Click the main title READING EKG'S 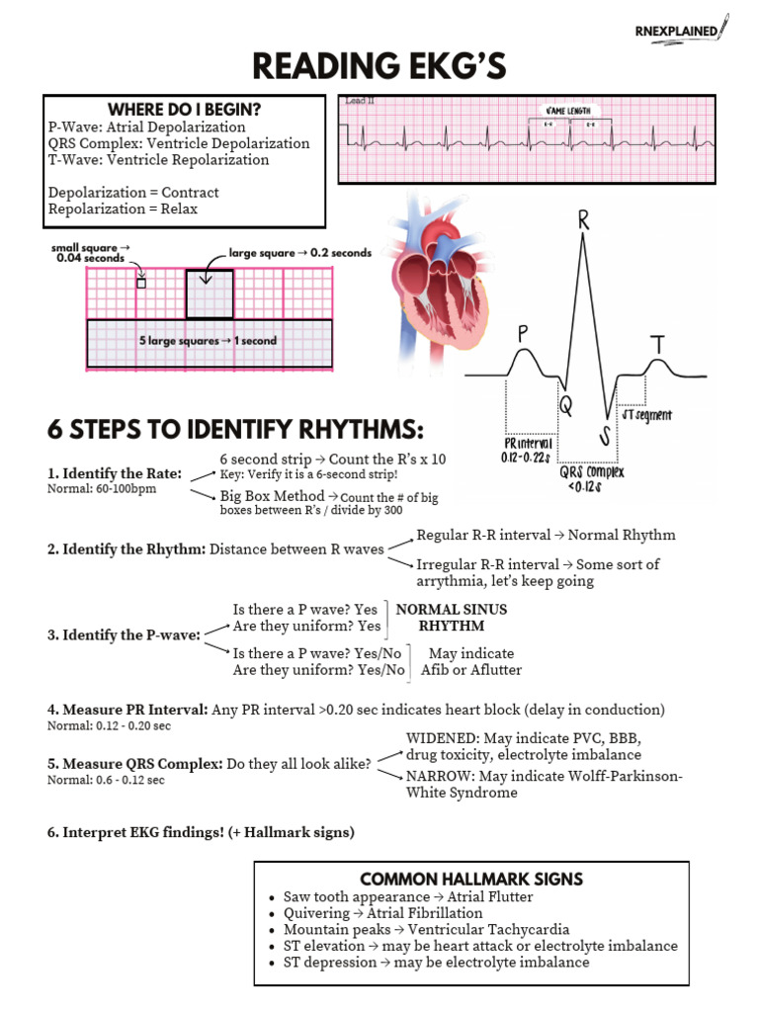click(379, 67)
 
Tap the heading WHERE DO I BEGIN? click(184, 110)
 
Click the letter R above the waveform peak click(584, 222)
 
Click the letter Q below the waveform click(566, 405)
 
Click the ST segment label click(647, 415)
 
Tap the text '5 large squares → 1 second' click(208, 341)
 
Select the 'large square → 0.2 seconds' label click(299, 253)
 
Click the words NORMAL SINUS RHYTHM click(451, 618)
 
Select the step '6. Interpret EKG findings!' click(201, 832)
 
